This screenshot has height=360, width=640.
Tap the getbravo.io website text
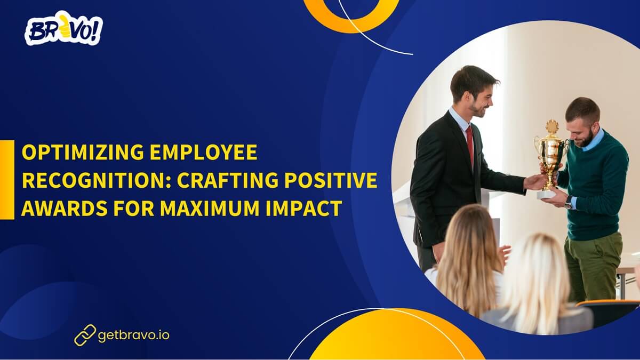134,335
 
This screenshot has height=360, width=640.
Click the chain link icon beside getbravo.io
84,335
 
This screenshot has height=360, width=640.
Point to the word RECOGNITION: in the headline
97,181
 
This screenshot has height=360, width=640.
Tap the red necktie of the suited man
470,144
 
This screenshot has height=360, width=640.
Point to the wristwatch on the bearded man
569,202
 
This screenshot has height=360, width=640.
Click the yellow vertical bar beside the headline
7,180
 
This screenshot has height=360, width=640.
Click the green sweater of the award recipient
597,187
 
